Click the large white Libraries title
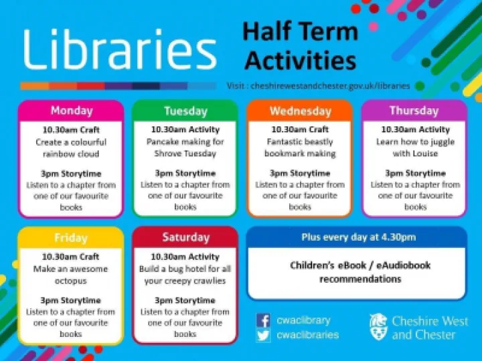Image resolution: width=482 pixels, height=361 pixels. tap(120, 50)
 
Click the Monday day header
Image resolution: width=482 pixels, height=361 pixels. tap(71, 110)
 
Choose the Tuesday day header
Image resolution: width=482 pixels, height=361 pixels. tap(185, 110)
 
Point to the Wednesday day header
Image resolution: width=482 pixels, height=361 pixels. tap(300, 111)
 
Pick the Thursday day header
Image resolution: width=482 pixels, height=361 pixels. tap(414, 110)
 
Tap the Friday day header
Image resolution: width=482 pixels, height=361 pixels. tap(71, 237)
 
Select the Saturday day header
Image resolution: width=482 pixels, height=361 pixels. tap(185, 237)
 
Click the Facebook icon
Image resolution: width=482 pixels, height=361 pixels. tap(264, 320)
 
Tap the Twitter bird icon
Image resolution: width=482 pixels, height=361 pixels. tap(264, 335)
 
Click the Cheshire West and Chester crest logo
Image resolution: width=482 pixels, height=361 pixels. tap(378, 327)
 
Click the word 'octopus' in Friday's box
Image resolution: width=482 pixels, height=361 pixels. tap(71, 281)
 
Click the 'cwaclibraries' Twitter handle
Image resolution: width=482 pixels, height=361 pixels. tap(308, 335)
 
